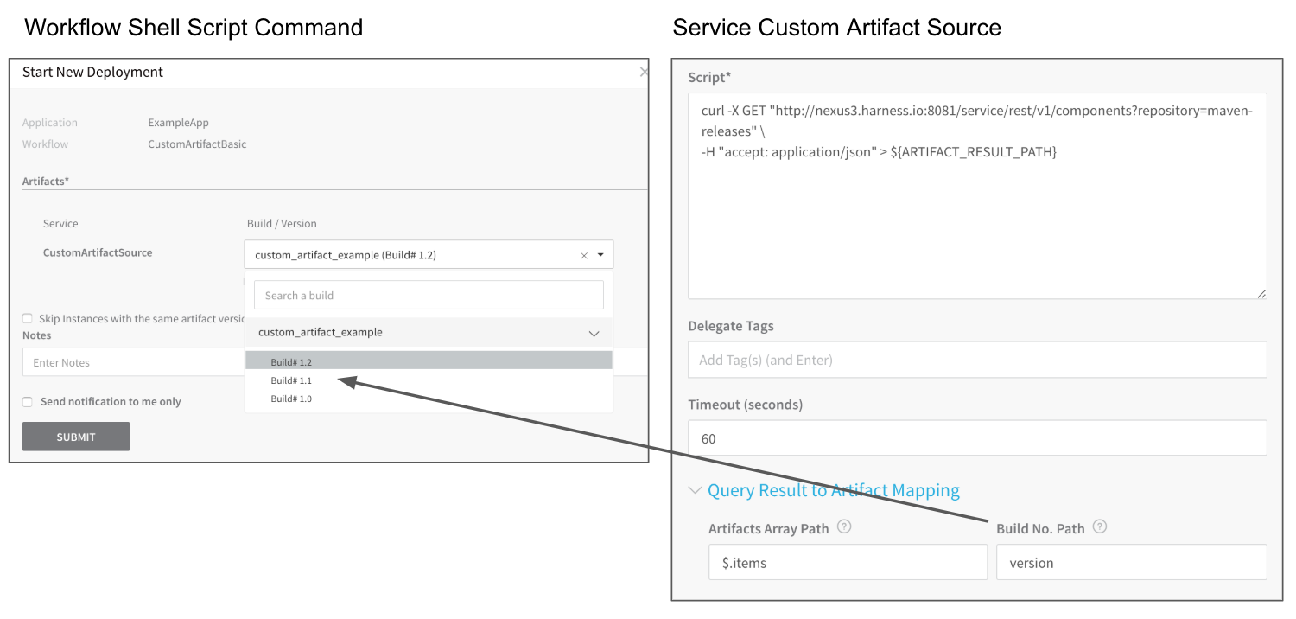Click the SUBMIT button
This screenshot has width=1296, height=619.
76,437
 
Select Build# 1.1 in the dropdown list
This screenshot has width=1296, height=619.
291,380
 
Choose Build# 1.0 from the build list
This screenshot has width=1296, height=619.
291,399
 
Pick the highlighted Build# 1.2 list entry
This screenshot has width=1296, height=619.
429,361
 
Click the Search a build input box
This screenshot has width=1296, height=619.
429,296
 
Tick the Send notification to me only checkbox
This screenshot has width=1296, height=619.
27,402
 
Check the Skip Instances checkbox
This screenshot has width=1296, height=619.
27,318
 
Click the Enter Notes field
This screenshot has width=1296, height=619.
134,362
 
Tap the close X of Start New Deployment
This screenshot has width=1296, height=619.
644,72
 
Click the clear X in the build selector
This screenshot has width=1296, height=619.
584,255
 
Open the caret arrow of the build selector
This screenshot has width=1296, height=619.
600,255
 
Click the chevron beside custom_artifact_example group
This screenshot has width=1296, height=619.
594,334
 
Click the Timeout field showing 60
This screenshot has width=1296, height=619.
977,437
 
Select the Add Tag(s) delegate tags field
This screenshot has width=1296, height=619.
977,360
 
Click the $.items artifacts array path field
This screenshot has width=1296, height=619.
848,562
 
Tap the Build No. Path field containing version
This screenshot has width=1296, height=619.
1131,562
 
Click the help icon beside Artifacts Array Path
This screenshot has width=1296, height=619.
844,526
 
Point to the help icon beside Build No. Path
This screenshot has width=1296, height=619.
1100,526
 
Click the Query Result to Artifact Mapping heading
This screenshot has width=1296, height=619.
833,490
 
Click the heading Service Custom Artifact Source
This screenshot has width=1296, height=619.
836,27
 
